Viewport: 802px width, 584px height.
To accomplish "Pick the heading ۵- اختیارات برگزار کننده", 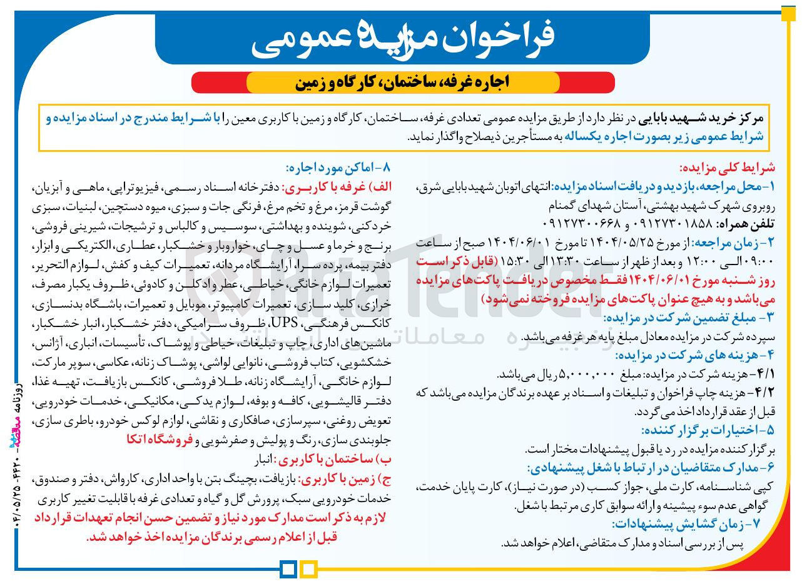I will click(x=708, y=430).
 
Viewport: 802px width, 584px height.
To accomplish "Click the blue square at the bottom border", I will click(x=288, y=569).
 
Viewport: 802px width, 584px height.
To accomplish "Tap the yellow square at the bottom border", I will click(x=309, y=569).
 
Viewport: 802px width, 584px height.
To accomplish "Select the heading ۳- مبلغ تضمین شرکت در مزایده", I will click(x=692, y=318).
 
